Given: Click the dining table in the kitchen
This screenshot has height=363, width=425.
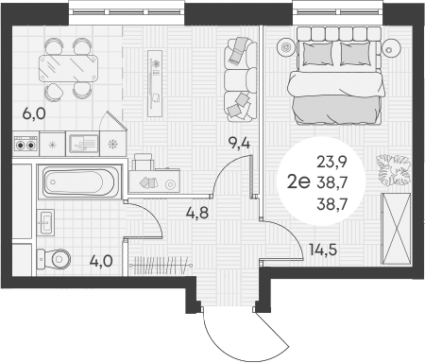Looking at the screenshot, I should tap(71, 67).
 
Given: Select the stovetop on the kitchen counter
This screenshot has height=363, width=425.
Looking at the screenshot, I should tap(26, 145).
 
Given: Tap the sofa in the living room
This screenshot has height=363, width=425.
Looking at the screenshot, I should tap(239, 80).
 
